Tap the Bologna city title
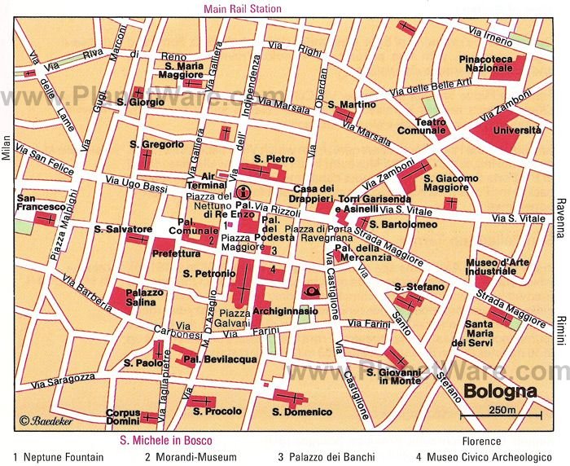click(500, 390)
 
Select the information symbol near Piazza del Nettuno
click(242, 193)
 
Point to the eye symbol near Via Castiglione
click(311, 289)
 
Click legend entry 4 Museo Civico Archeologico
click(483, 457)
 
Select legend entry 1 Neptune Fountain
click(58, 457)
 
